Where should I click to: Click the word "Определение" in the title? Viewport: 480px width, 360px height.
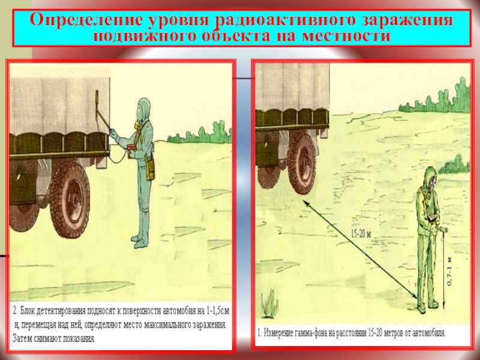tap(86, 20)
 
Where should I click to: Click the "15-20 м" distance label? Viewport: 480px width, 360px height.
tap(361, 234)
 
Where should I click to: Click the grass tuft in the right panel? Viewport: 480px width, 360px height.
tap(269, 303)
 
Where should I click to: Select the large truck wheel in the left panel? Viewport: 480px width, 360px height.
tap(70, 199)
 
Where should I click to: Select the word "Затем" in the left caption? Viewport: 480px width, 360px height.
tap(21, 338)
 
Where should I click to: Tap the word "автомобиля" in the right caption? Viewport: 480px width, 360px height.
tap(429, 333)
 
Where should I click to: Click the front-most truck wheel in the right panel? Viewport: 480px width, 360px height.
tap(301, 163)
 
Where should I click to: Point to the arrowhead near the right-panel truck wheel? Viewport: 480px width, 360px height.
tap(306, 203)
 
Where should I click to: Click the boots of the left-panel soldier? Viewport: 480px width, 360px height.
tap(140, 242)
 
